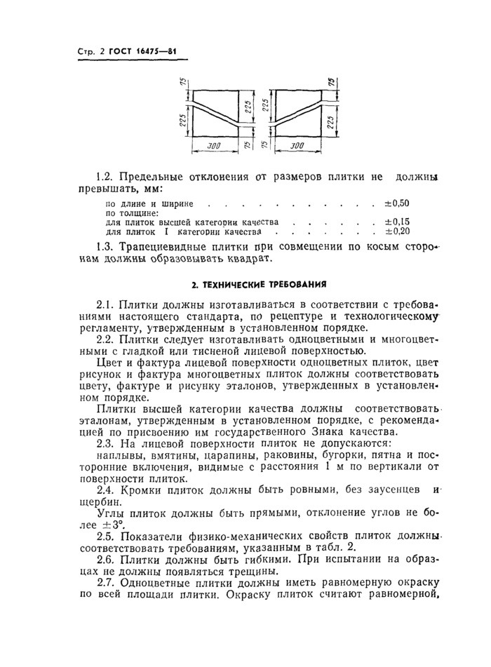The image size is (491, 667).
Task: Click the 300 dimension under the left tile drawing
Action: [213, 147]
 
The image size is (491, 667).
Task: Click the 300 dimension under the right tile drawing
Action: [297, 147]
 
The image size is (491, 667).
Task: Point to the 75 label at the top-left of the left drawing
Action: [180, 83]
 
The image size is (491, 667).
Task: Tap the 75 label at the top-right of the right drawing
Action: [331, 83]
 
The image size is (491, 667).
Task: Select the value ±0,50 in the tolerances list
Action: [396, 203]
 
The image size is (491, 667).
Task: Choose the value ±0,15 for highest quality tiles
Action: [396, 222]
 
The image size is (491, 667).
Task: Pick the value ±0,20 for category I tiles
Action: [396, 230]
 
